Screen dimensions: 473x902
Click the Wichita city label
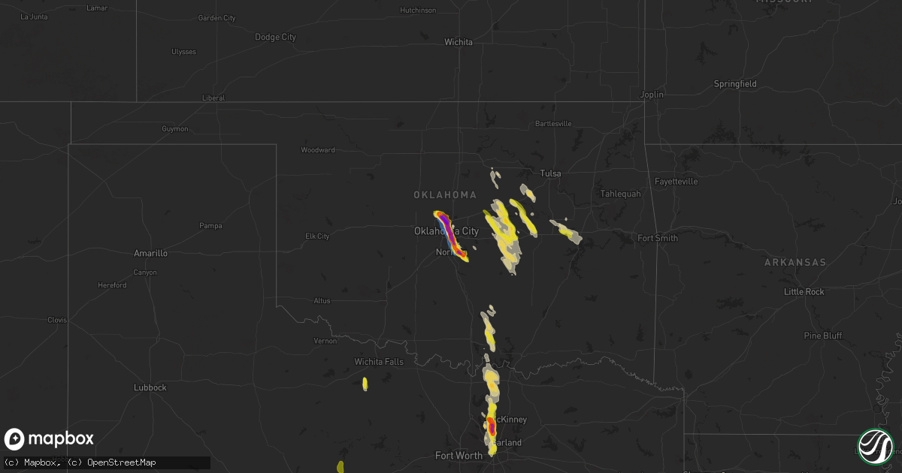458,42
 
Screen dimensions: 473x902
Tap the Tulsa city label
550,173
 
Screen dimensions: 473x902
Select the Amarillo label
150,254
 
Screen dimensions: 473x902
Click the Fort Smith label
657,238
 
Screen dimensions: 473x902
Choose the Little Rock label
804,291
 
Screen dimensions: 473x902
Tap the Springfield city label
737,84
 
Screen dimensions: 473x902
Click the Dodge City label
275,37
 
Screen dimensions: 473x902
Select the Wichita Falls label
379,362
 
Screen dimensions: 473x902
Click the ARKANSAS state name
795,263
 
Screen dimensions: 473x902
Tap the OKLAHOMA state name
445,195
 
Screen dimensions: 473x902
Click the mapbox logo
50,439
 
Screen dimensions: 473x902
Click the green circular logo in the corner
875,446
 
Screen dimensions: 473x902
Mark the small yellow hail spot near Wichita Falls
365,384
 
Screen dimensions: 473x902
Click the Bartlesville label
553,123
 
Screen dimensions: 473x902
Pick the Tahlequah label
620,194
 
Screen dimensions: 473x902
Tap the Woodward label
318,150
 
